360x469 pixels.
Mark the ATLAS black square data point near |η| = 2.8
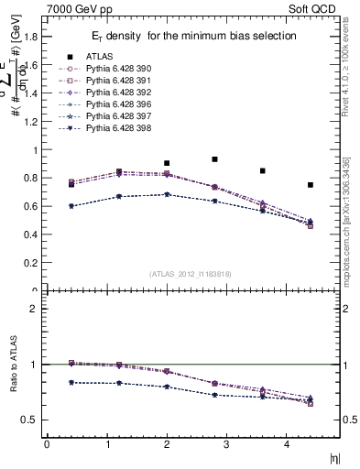[214, 159]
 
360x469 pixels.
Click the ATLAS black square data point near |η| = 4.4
[311, 185]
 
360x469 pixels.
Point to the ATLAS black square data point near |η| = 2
[166, 163]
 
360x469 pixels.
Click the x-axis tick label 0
[47, 444]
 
